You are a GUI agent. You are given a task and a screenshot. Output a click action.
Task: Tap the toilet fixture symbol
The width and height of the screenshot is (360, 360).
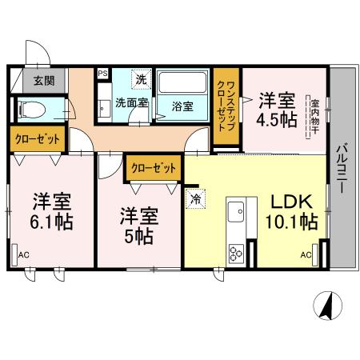[x=32, y=108]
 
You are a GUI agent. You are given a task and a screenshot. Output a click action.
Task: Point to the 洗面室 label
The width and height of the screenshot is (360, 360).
[x=129, y=102]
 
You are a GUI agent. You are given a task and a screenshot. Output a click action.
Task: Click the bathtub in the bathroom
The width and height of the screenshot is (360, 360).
[x=182, y=84]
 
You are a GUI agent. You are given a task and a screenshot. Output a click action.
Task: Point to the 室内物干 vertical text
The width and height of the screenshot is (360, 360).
[x=314, y=118]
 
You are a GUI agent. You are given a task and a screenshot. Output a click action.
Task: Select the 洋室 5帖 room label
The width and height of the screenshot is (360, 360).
[x=138, y=226]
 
